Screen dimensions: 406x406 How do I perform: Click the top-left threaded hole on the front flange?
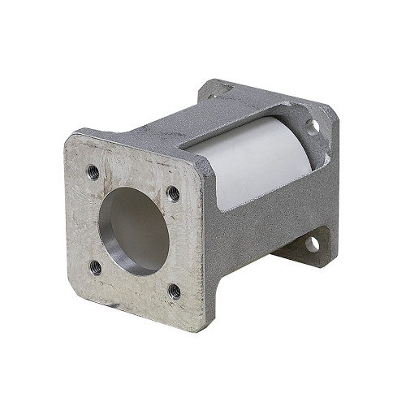(x=93, y=171)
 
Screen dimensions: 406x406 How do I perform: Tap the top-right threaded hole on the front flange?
(x=173, y=193)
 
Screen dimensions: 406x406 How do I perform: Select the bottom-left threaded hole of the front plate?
(x=95, y=266)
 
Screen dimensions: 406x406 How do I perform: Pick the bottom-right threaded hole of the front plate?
(x=175, y=290)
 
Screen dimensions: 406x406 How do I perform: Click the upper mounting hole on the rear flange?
(x=312, y=125)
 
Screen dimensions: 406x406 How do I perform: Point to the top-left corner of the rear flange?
(x=208, y=83)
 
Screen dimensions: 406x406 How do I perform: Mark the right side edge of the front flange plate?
(x=206, y=244)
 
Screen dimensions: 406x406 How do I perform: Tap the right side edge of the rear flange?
(x=335, y=187)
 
